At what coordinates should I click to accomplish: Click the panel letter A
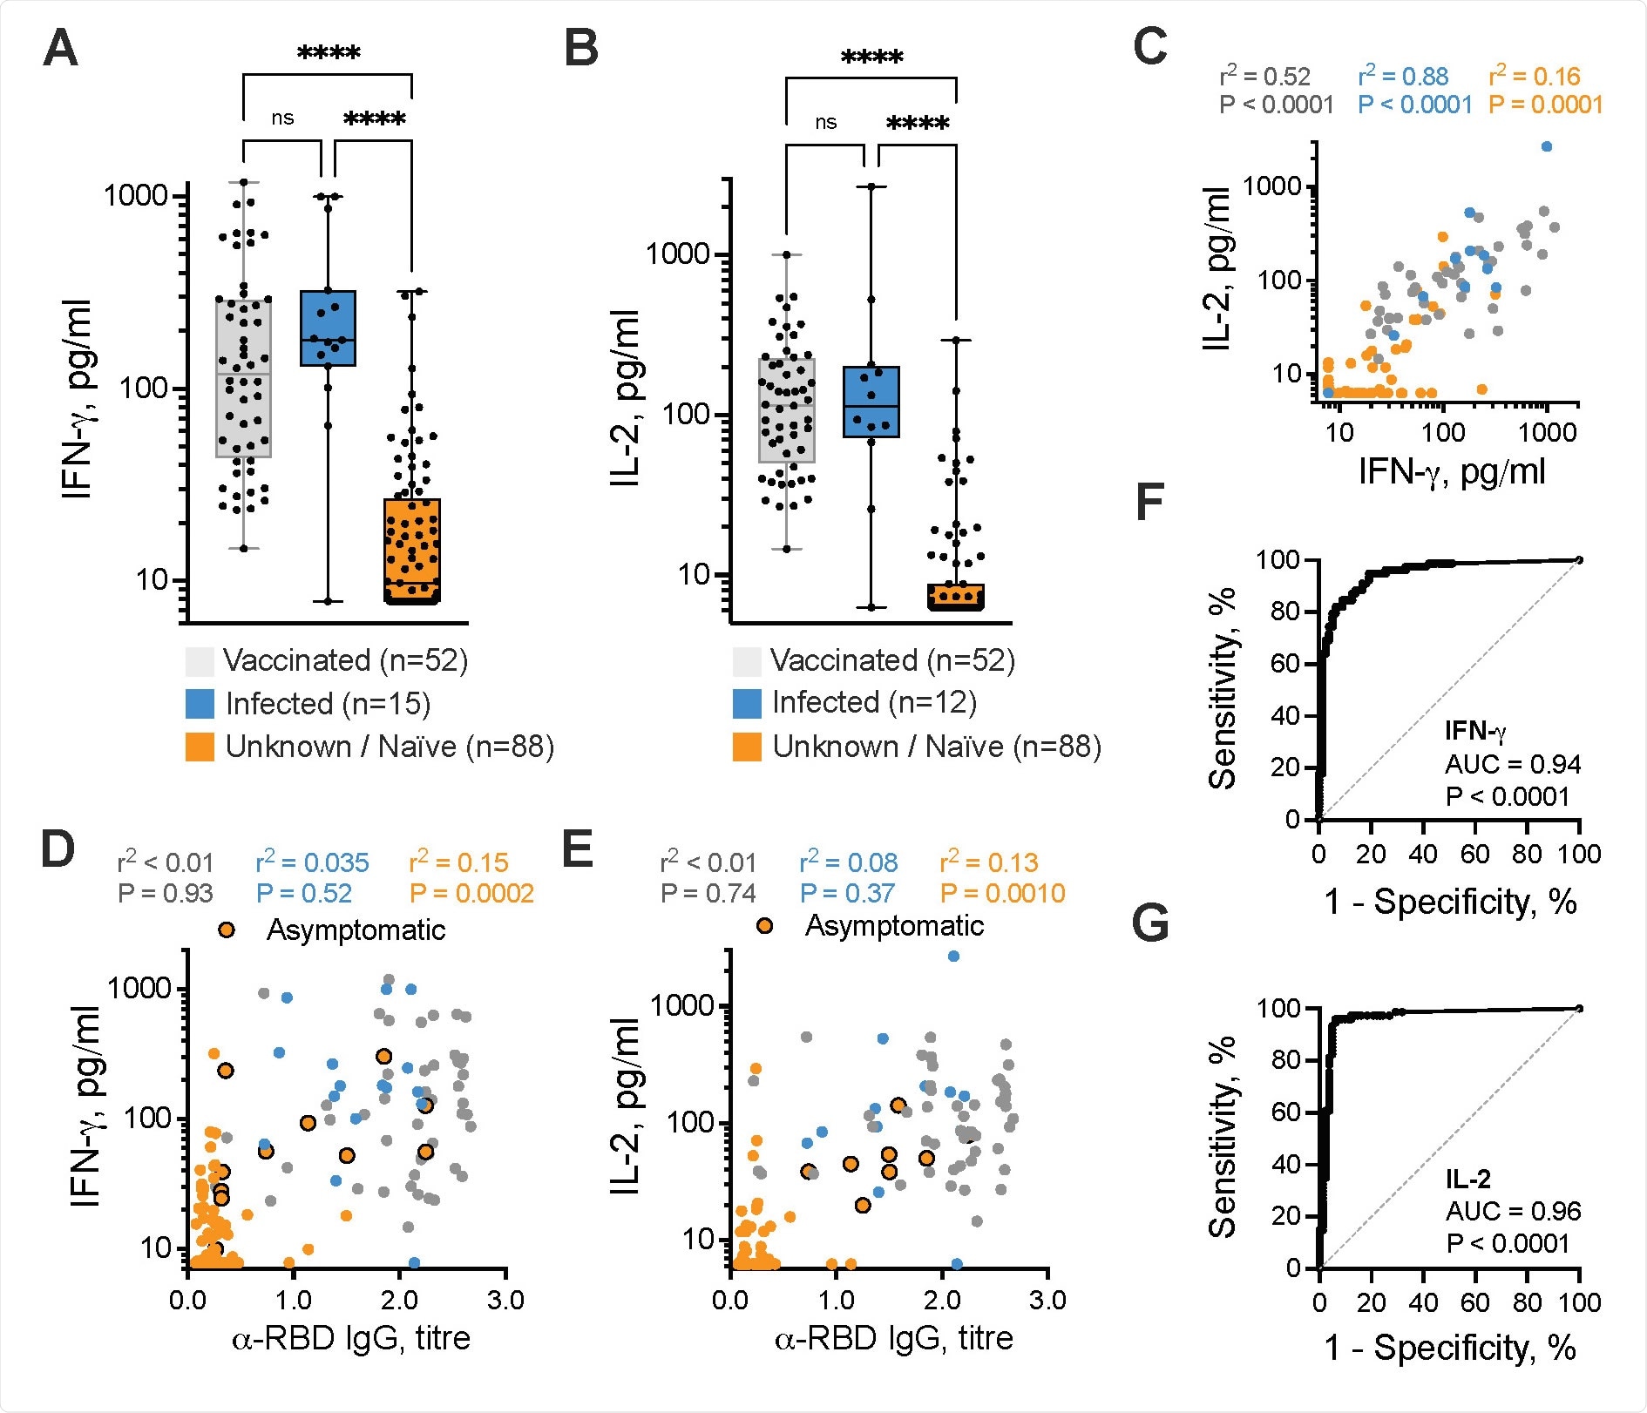60,48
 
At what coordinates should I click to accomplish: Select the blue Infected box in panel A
328,328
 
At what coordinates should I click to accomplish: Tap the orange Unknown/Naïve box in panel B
955,597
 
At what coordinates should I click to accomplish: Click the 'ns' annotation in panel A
282,118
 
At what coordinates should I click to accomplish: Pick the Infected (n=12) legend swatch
747,703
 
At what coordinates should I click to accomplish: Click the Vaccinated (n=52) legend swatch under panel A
200,661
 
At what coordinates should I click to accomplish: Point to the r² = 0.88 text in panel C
1402,77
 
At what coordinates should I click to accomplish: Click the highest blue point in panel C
1546,146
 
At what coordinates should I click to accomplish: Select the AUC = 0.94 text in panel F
1512,764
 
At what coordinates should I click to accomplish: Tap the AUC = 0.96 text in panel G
1512,1211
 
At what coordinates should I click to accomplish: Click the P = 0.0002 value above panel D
471,893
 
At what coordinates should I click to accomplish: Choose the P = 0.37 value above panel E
847,893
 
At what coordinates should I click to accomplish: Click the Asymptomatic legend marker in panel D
227,930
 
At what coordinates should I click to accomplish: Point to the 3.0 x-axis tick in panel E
1047,1300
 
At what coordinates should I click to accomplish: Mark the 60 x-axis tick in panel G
1474,1302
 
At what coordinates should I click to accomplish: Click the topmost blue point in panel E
953,957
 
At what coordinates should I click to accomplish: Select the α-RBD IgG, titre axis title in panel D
351,1338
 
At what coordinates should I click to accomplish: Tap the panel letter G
1149,923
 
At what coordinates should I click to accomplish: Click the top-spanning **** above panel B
871,58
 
